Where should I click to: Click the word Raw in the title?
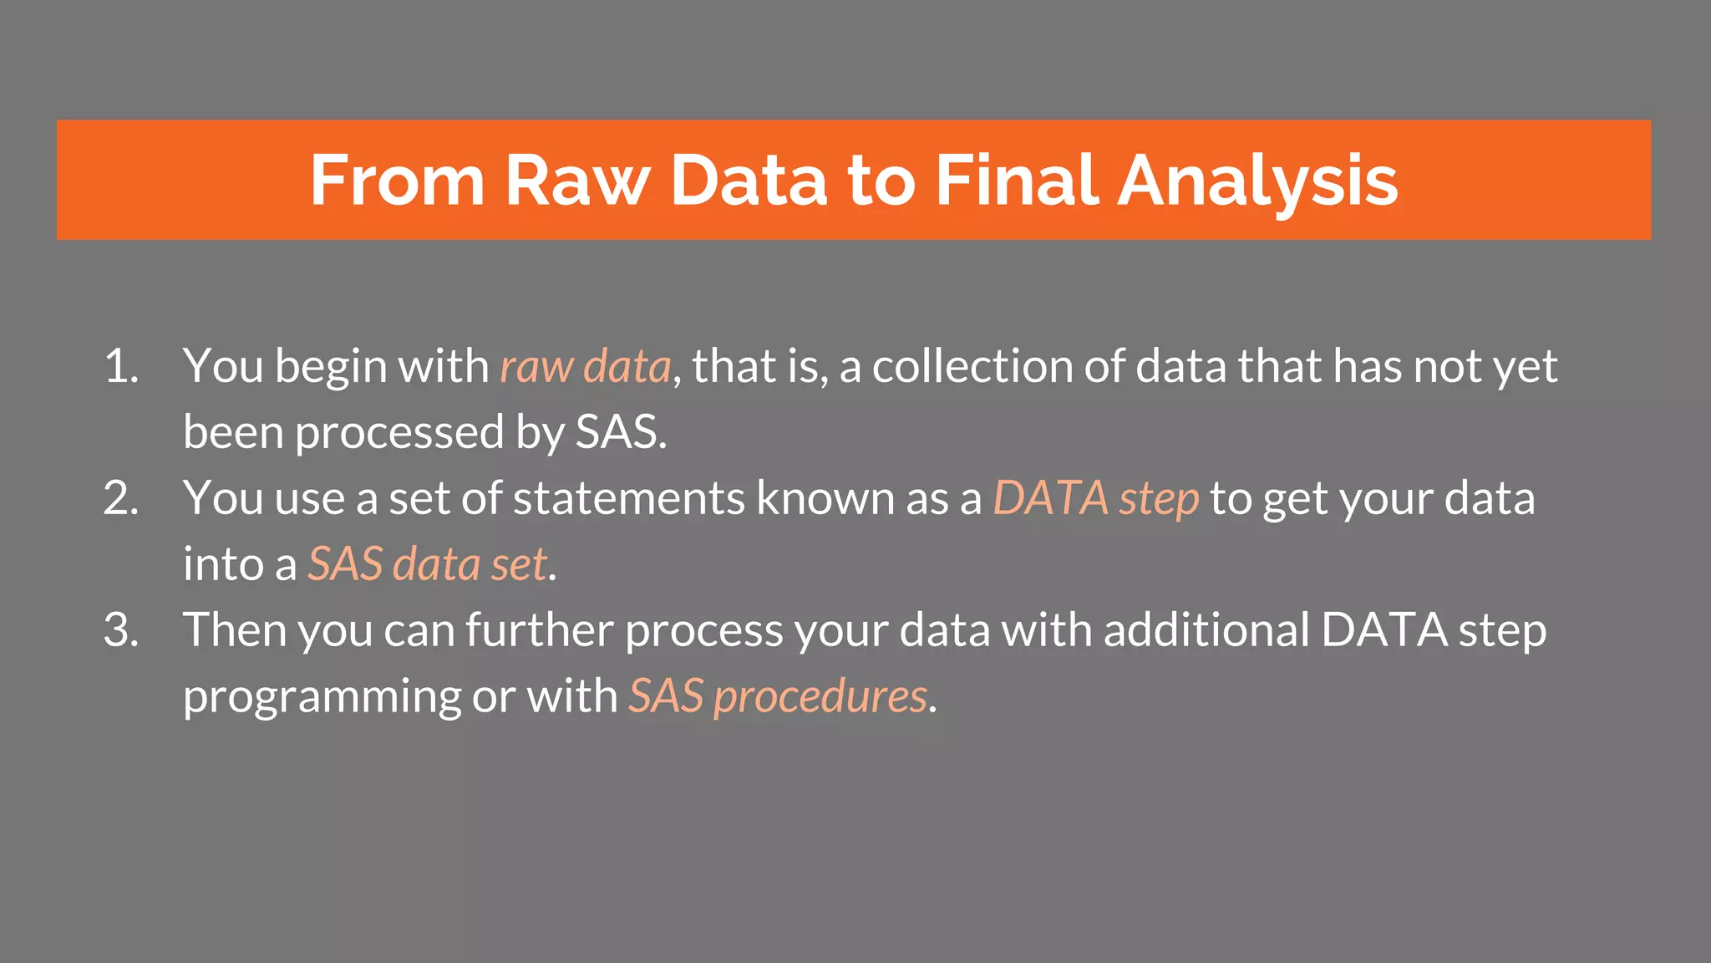(x=576, y=181)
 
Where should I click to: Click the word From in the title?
(x=397, y=181)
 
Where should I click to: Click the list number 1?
(x=120, y=367)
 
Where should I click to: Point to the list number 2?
(x=120, y=499)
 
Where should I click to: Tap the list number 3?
(x=120, y=630)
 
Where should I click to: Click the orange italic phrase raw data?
(x=585, y=367)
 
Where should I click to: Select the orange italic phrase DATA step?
(x=1095, y=499)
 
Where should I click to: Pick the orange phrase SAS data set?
(x=428, y=564)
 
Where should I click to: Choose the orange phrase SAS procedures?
(x=777, y=696)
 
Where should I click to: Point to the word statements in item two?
(x=628, y=499)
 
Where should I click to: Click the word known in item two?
(x=825, y=499)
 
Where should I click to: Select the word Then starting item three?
(x=235, y=630)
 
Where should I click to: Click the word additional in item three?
(x=1206, y=630)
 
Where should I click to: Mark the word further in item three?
(x=540, y=630)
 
